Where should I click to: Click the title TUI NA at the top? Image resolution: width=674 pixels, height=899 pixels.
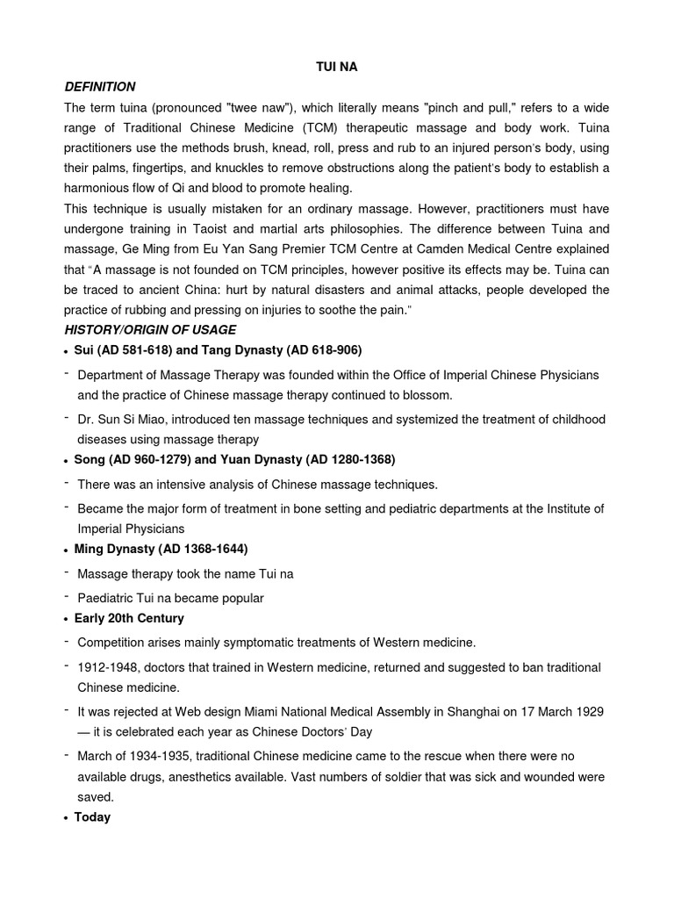pos(337,67)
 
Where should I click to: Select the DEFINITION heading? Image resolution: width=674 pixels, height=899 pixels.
pos(100,87)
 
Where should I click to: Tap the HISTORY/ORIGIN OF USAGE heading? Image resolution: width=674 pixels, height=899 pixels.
pos(150,329)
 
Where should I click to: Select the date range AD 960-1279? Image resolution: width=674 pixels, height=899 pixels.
pos(148,459)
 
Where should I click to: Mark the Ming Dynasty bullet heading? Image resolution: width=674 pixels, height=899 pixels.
pos(161,549)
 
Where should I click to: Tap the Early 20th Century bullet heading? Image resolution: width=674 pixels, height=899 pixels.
pos(129,618)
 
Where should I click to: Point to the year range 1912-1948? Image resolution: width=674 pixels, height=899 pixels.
pos(107,668)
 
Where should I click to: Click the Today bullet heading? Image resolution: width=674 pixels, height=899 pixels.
pos(92,817)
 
